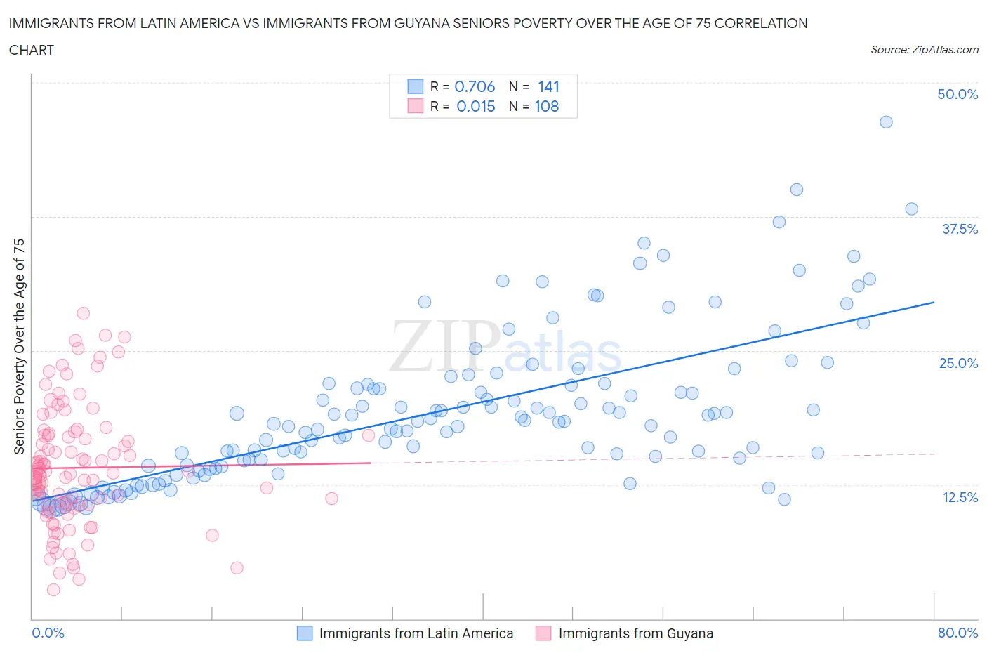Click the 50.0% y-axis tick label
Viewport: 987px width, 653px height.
[x=958, y=94]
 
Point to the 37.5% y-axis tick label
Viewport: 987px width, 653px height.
[x=960, y=229]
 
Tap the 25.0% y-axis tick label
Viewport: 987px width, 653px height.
[x=958, y=363]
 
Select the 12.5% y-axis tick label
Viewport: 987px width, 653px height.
[x=960, y=497]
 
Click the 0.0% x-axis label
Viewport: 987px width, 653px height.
[x=48, y=633]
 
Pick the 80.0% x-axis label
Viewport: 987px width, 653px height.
[x=958, y=633]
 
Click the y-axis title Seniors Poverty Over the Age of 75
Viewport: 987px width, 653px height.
[x=19, y=346]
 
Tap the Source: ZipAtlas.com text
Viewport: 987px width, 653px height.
[x=924, y=50]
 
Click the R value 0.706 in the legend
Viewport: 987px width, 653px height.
[x=475, y=86]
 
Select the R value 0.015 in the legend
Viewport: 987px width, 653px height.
[x=475, y=106]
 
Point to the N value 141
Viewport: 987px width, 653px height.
[x=548, y=86]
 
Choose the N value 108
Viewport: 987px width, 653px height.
[x=547, y=106]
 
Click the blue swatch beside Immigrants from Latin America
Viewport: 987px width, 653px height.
[x=305, y=633]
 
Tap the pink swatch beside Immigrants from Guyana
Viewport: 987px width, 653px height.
[x=543, y=633]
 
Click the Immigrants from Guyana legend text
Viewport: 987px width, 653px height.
[x=635, y=633]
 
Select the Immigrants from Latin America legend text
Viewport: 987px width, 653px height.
[x=416, y=633]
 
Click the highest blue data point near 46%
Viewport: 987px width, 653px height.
[x=886, y=122]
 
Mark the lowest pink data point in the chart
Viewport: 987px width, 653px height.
[x=53, y=590]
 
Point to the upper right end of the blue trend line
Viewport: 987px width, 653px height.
[x=934, y=302]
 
